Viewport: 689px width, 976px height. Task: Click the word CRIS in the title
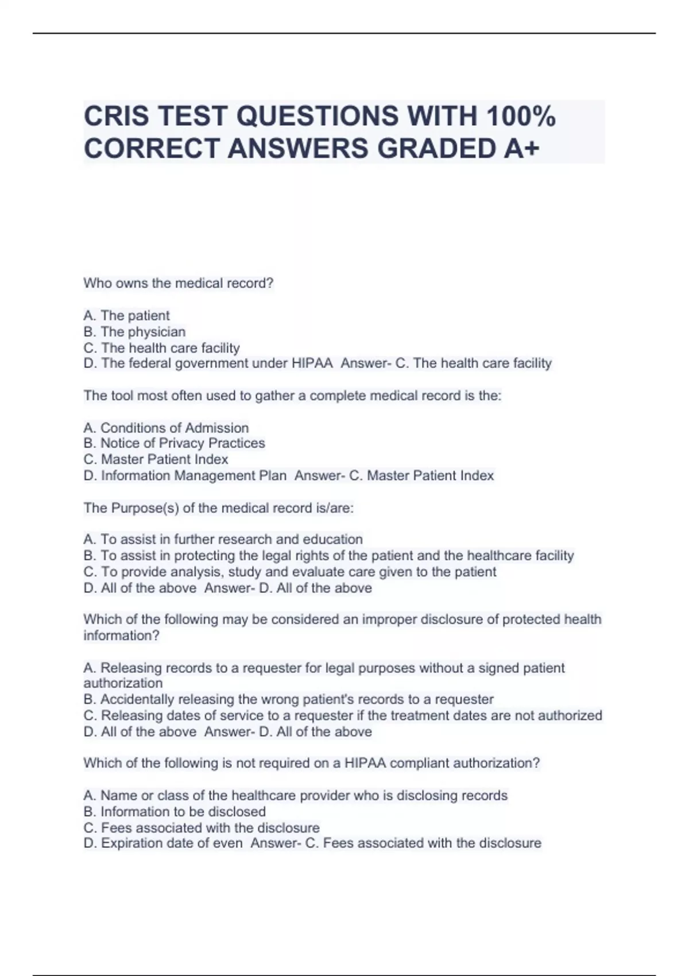click(x=117, y=117)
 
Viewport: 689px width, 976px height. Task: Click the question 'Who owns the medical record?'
click(x=179, y=283)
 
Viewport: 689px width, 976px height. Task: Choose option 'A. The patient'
click(x=126, y=316)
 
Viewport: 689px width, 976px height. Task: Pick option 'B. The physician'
click(x=134, y=332)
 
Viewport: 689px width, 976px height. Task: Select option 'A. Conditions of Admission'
click(x=166, y=428)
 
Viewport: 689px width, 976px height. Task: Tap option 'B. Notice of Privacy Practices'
click(x=174, y=443)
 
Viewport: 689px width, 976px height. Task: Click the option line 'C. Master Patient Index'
click(x=156, y=459)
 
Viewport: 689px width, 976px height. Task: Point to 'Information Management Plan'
click(x=193, y=475)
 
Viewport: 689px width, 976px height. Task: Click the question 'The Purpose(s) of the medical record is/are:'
click(x=219, y=508)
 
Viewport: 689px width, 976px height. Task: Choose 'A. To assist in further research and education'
click(x=223, y=540)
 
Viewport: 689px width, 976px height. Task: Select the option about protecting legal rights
click(x=328, y=556)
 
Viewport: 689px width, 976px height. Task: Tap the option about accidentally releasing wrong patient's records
click(x=288, y=699)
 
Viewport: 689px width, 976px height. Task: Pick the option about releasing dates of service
click(x=342, y=715)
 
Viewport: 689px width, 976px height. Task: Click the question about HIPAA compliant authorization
click(x=312, y=763)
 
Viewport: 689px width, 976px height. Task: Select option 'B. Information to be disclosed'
click(x=175, y=812)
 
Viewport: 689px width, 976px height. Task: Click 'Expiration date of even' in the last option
click(x=172, y=843)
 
